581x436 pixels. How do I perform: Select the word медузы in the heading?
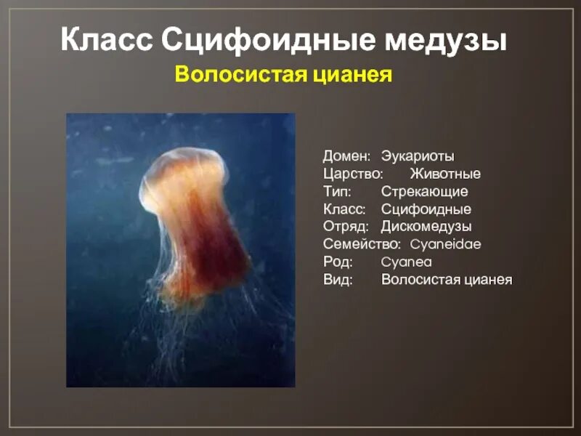point(444,41)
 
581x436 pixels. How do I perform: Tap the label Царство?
point(354,174)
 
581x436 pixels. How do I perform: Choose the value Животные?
point(445,174)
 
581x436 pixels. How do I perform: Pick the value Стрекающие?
point(424,192)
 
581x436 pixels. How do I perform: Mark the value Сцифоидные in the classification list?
point(426,209)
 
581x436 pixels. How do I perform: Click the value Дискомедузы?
point(426,227)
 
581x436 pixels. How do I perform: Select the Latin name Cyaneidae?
point(445,245)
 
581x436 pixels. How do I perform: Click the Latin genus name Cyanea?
point(406,262)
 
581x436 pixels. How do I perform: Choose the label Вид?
point(338,280)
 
